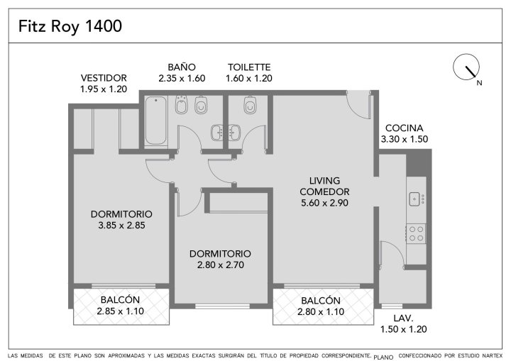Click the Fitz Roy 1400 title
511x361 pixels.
(70, 26)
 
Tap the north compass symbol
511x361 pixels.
(466, 67)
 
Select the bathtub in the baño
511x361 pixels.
(155, 120)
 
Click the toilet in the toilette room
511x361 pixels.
(250, 104)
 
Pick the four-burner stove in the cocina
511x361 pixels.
(416, 233)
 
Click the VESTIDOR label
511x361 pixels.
(104, 78)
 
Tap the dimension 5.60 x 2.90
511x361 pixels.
(324, 203)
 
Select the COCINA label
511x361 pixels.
(404, 128)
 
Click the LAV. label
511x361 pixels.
(403, 318)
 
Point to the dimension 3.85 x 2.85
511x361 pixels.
(121, 225)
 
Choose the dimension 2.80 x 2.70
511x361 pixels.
(220, 265)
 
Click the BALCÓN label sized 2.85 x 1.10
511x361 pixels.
(120, 300)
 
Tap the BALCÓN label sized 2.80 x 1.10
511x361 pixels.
(321, 301)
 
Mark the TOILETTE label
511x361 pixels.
(249, 67)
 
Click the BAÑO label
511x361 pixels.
(182, 67)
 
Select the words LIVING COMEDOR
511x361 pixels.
(324, 186)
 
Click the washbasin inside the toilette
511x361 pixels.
(234, 133)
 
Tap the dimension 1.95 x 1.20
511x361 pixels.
(104, 89)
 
